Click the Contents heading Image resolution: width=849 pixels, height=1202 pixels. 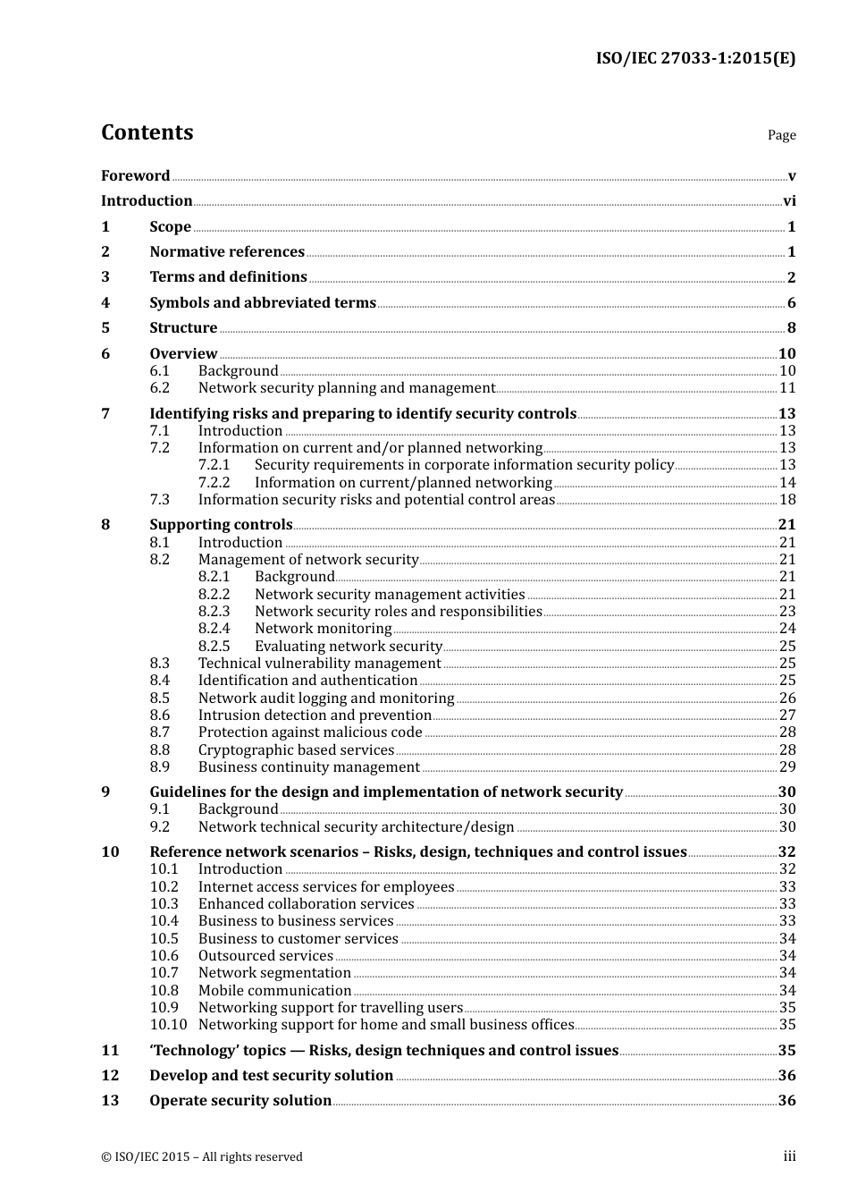coord(147,132)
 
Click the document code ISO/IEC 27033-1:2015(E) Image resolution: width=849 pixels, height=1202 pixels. coord(695,58)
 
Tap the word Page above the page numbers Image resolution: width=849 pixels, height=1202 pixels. coord(781,135)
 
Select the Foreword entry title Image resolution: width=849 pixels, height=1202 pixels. coord(135,175)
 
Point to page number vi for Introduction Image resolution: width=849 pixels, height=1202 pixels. coord(789,201)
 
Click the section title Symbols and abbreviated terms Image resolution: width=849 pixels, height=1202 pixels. coord(263,302)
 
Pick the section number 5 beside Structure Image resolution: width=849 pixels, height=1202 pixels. coord(105,328)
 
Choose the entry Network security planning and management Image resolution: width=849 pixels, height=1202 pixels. coord(347,388)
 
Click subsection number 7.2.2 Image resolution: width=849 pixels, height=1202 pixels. coord(214,482)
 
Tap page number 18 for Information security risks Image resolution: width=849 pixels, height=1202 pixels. coord(787,500)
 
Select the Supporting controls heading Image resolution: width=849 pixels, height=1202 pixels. coord(221,525)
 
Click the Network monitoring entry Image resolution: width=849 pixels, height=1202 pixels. coord(323,629)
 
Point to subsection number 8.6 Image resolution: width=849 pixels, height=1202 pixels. coord(160,715)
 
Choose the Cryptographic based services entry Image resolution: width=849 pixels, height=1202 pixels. coord(296,750)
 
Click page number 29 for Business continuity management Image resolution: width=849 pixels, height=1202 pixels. coord(787,767)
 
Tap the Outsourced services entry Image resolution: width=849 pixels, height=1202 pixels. coord(265,956)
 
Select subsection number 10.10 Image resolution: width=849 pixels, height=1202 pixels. coord(168,1025)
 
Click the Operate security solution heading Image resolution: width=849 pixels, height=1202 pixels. coord(240,1101)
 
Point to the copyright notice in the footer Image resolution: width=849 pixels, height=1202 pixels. coord(202,1157)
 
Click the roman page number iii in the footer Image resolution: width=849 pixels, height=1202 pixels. coord(790,1156)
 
